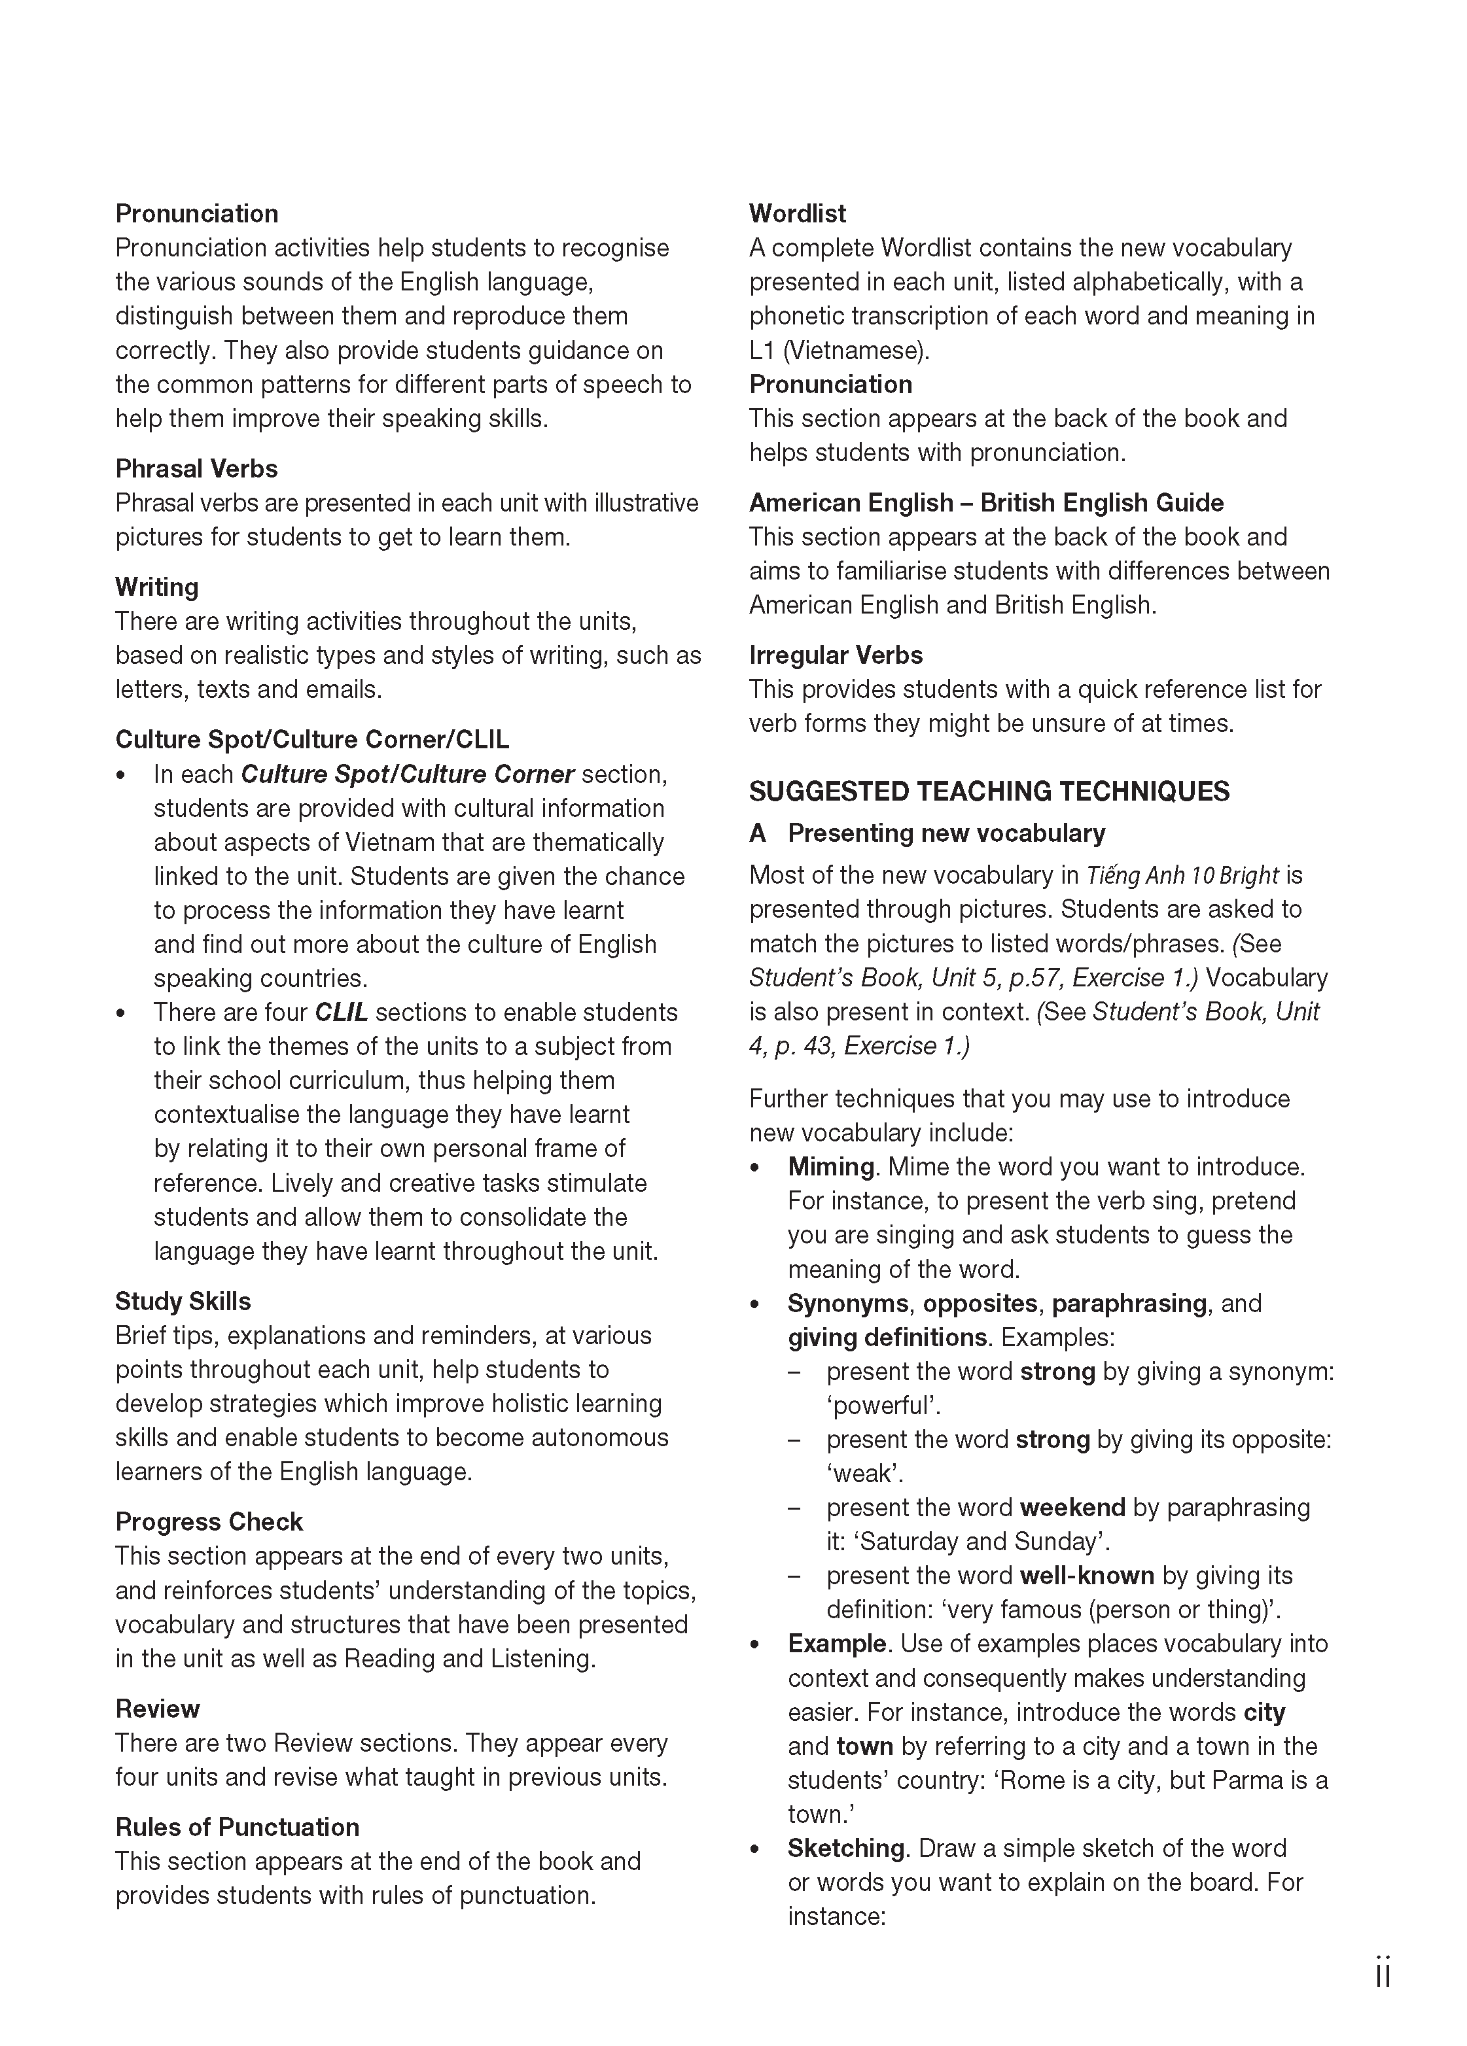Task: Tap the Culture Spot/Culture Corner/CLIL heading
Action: [x=311, y=739]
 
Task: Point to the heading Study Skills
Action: [x=183, y=1301]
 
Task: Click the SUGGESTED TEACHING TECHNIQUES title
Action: [x=989, y=791]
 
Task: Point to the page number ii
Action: [x=1382, y=1972]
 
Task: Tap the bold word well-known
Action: [x=1086, y=1575]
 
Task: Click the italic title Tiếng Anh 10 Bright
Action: [x=1182, y=875]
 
